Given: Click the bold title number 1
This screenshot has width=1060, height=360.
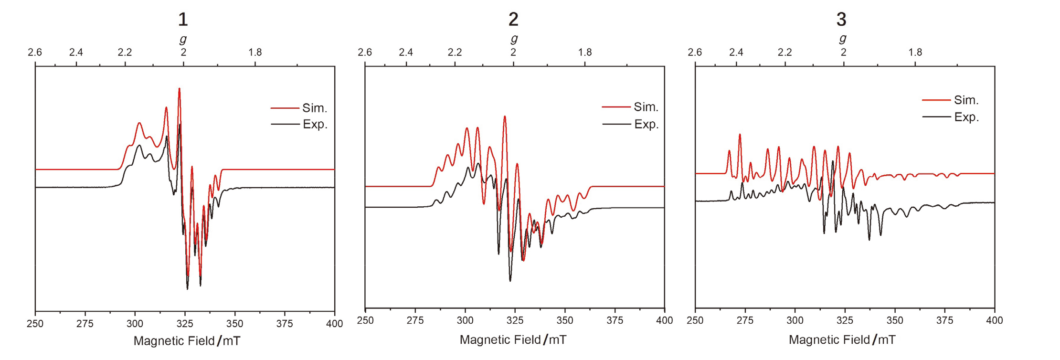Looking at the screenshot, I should click(183, 20).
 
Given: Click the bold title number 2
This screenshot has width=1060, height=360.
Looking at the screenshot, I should click(513, 20).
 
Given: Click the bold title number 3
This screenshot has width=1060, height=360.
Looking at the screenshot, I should click(841, 20).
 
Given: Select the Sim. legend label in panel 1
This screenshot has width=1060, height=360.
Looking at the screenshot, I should click(314, 108).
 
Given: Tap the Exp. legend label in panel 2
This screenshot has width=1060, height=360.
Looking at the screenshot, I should click(646, 125).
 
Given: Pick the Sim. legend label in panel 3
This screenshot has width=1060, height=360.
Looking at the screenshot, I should click(966, 100).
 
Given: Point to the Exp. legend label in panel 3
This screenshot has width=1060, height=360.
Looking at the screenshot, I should click(966, 117).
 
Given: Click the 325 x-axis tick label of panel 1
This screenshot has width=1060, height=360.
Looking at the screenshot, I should click(185, 324).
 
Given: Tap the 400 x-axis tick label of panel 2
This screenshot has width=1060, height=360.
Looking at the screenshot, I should click(664, 320).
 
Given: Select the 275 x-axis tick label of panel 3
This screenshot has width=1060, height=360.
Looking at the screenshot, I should click(745, 320).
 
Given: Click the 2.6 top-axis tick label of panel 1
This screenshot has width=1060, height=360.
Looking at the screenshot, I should click(35, 52).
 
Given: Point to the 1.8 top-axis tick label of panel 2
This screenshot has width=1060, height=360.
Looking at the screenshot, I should click(585, 52).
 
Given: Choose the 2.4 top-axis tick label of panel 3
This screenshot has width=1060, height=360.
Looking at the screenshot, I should click(736, 52).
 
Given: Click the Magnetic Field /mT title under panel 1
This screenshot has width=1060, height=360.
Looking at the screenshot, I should click(187, 341).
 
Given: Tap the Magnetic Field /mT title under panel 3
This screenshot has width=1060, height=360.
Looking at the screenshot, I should click(842, 340).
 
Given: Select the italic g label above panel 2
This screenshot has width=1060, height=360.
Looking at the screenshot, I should click(514, 38).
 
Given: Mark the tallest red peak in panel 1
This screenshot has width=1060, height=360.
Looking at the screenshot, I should click(179, 89).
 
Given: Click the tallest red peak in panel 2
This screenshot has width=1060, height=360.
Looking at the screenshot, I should click(505, 116).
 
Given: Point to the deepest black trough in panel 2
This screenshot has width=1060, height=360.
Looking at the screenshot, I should click(510, 280).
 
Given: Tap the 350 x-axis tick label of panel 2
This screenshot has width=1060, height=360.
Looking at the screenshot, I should click(565, 320).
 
